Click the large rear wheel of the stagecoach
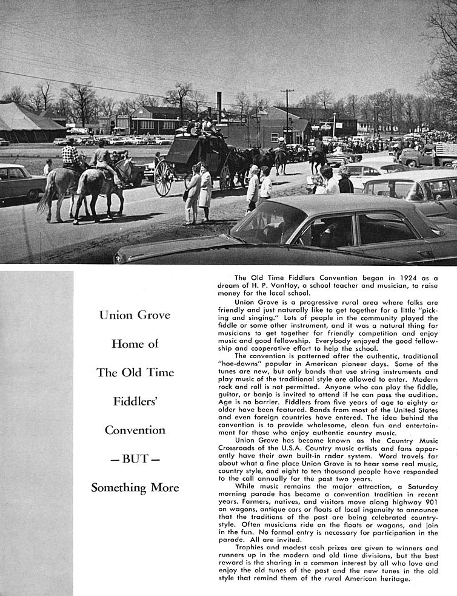[x=164, y=178]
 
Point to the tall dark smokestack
[x=219, y=107]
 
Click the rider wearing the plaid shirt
[x=71, y=156]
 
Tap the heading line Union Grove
[x=135, y=315]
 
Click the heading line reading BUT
[x=135, y=458]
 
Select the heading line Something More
[x=135, y=487]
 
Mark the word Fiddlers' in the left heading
[x=135, y=401]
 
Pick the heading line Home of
[x=135, y=344]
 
